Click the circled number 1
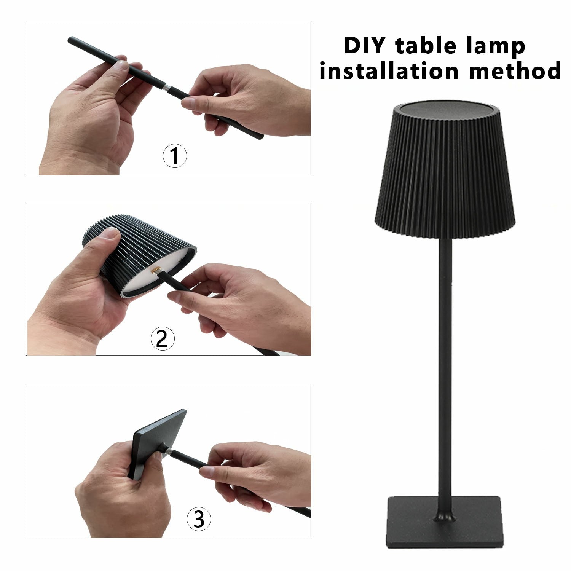[x=175, y=156]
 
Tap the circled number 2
[x=163, y=338]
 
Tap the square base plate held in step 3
[x=157, y=443]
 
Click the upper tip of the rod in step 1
[x=70, y=39]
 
